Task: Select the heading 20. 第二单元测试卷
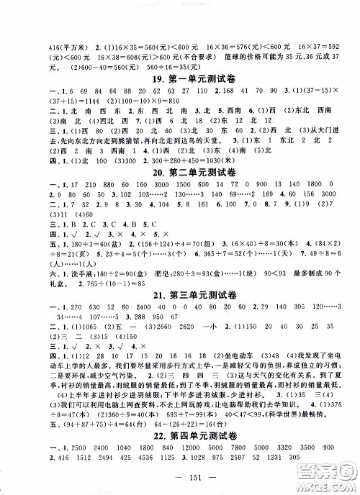180,197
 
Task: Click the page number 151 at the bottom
180,481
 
